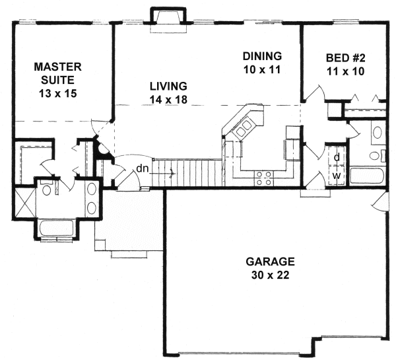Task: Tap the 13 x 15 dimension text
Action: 58,93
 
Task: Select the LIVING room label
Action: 168,86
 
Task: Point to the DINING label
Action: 262,55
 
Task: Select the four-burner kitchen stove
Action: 265,176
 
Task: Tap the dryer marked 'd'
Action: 336,157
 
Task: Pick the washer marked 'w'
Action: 336,176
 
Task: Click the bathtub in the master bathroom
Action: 58,229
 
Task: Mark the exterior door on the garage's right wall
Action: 379,201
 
